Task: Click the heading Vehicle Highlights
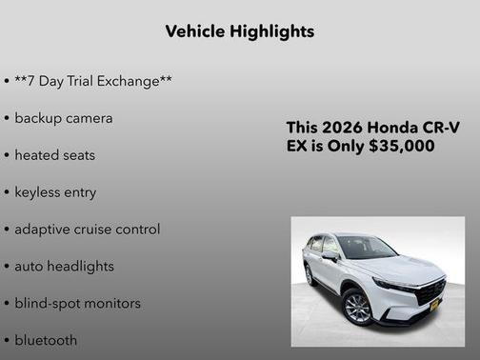[240, 31]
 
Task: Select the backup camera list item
[63, 118]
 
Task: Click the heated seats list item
[54, 155]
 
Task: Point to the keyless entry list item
[55, 192]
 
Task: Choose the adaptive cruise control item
[87, 230]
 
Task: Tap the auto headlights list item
[64, 267]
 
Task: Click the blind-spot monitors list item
[77, 304]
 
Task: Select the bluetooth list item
[46, 340]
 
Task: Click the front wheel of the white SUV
[356, 307]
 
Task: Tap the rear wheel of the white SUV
[310, 274]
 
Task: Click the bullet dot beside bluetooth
[7, 340]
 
